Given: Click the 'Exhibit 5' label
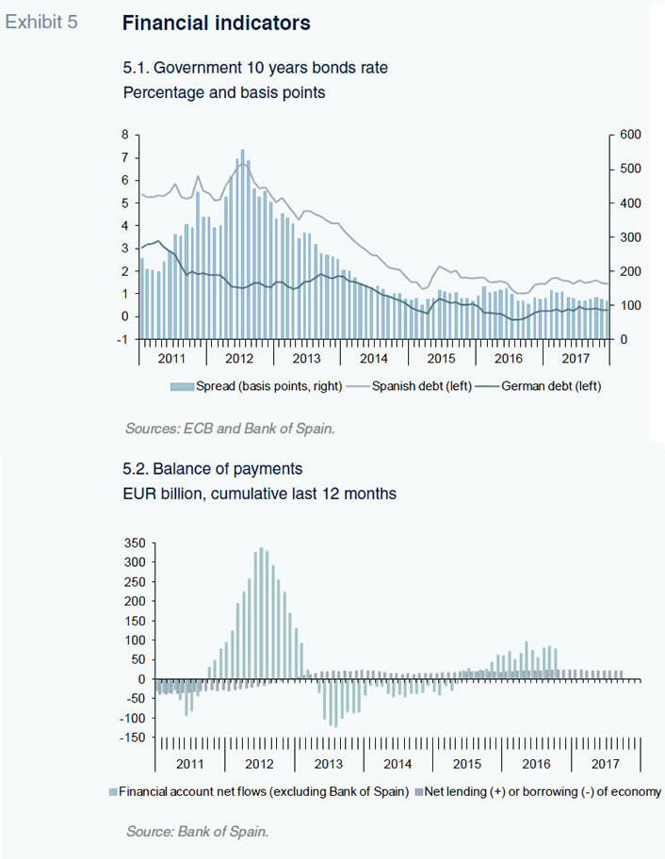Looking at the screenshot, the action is coord(41,22).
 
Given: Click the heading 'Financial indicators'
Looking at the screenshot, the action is coord(217,23).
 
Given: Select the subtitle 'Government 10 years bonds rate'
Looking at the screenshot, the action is coord(270,68).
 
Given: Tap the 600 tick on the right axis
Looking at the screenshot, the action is coord(630,135).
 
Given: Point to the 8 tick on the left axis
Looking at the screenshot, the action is coord(125,135).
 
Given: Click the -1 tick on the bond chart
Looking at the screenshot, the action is coord(123,340).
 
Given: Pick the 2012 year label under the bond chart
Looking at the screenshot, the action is coord(239,358).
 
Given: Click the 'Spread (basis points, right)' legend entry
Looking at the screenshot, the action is coord(257,386).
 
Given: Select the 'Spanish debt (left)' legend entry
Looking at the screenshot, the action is coord(410,386).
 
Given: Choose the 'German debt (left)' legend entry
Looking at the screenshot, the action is coord(539,386).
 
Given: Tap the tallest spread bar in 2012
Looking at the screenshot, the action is coord(243,244).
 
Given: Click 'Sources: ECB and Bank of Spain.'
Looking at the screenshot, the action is coord(230,429).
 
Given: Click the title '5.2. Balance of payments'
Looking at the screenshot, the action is coord(213,469).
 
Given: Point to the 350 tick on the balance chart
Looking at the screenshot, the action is coord(134,543).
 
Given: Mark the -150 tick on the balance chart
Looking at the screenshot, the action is coord(133,737).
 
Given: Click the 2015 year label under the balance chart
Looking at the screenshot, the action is coord(466,764).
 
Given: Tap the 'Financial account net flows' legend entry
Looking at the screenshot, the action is coord(259,791).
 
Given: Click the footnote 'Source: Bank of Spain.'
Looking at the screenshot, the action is coord(197,832).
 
